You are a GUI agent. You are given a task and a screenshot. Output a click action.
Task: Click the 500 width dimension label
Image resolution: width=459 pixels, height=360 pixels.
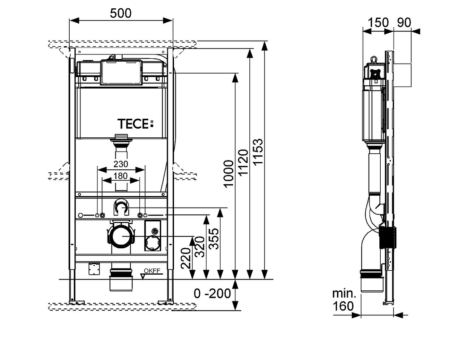click(121, 13)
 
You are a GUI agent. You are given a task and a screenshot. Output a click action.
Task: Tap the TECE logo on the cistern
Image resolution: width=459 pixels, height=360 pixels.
click(135, 124)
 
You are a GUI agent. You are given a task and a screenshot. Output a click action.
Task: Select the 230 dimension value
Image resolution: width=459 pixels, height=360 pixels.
click(121, 164)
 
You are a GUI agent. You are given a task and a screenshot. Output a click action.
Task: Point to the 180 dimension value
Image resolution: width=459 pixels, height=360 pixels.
click(121, 176)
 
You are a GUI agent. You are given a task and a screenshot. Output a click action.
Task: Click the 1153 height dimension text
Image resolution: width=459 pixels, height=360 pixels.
click(258, 151)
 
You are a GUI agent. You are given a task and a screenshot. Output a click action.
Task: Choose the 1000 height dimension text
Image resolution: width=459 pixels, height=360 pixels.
click(229, 174)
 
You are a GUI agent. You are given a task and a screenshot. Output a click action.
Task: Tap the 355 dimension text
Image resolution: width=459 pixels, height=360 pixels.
click(214, 239)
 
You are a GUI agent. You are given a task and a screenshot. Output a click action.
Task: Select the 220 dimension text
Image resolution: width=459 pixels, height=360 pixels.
click(186, 258)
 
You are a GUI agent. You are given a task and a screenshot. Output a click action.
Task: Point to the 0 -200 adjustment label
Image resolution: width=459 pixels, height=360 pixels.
click(212, 294)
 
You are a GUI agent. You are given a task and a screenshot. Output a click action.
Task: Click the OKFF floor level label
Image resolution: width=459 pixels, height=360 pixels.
click(152, 271)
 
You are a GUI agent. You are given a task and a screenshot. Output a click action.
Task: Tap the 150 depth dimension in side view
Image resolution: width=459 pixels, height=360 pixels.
click(378, 22)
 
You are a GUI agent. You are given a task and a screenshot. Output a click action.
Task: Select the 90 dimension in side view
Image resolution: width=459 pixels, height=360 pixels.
click(404, 22)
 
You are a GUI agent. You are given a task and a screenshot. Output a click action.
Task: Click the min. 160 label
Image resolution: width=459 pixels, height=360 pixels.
click(344, 300)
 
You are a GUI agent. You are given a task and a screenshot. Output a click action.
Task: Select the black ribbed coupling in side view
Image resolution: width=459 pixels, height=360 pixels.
click(388, 237)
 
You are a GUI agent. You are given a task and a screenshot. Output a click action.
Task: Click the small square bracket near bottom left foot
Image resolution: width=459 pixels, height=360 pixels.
click(94, 269)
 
